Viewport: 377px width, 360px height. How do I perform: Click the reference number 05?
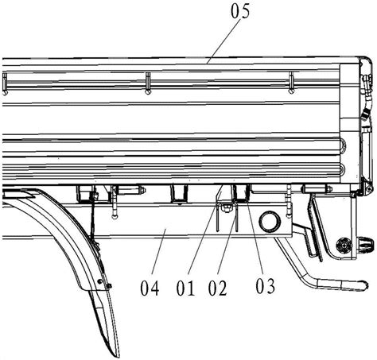[x=240, y=11]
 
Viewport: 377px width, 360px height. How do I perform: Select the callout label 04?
[x=150, y=288]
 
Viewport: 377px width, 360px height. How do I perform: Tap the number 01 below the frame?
[x=185, y=288]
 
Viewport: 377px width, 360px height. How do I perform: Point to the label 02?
[x=217, y=288]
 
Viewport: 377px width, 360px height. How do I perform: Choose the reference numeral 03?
[x=265, y=286]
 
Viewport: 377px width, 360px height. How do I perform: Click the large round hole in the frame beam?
[x=270, y=222]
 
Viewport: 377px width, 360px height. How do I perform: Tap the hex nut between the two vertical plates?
[x=226, y=208]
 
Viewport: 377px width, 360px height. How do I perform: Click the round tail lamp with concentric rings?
[x=344, y=246]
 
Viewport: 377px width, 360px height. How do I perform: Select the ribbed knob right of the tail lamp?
[x=366, y=244]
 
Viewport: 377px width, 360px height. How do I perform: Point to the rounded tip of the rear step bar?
[x=365, y=285]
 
